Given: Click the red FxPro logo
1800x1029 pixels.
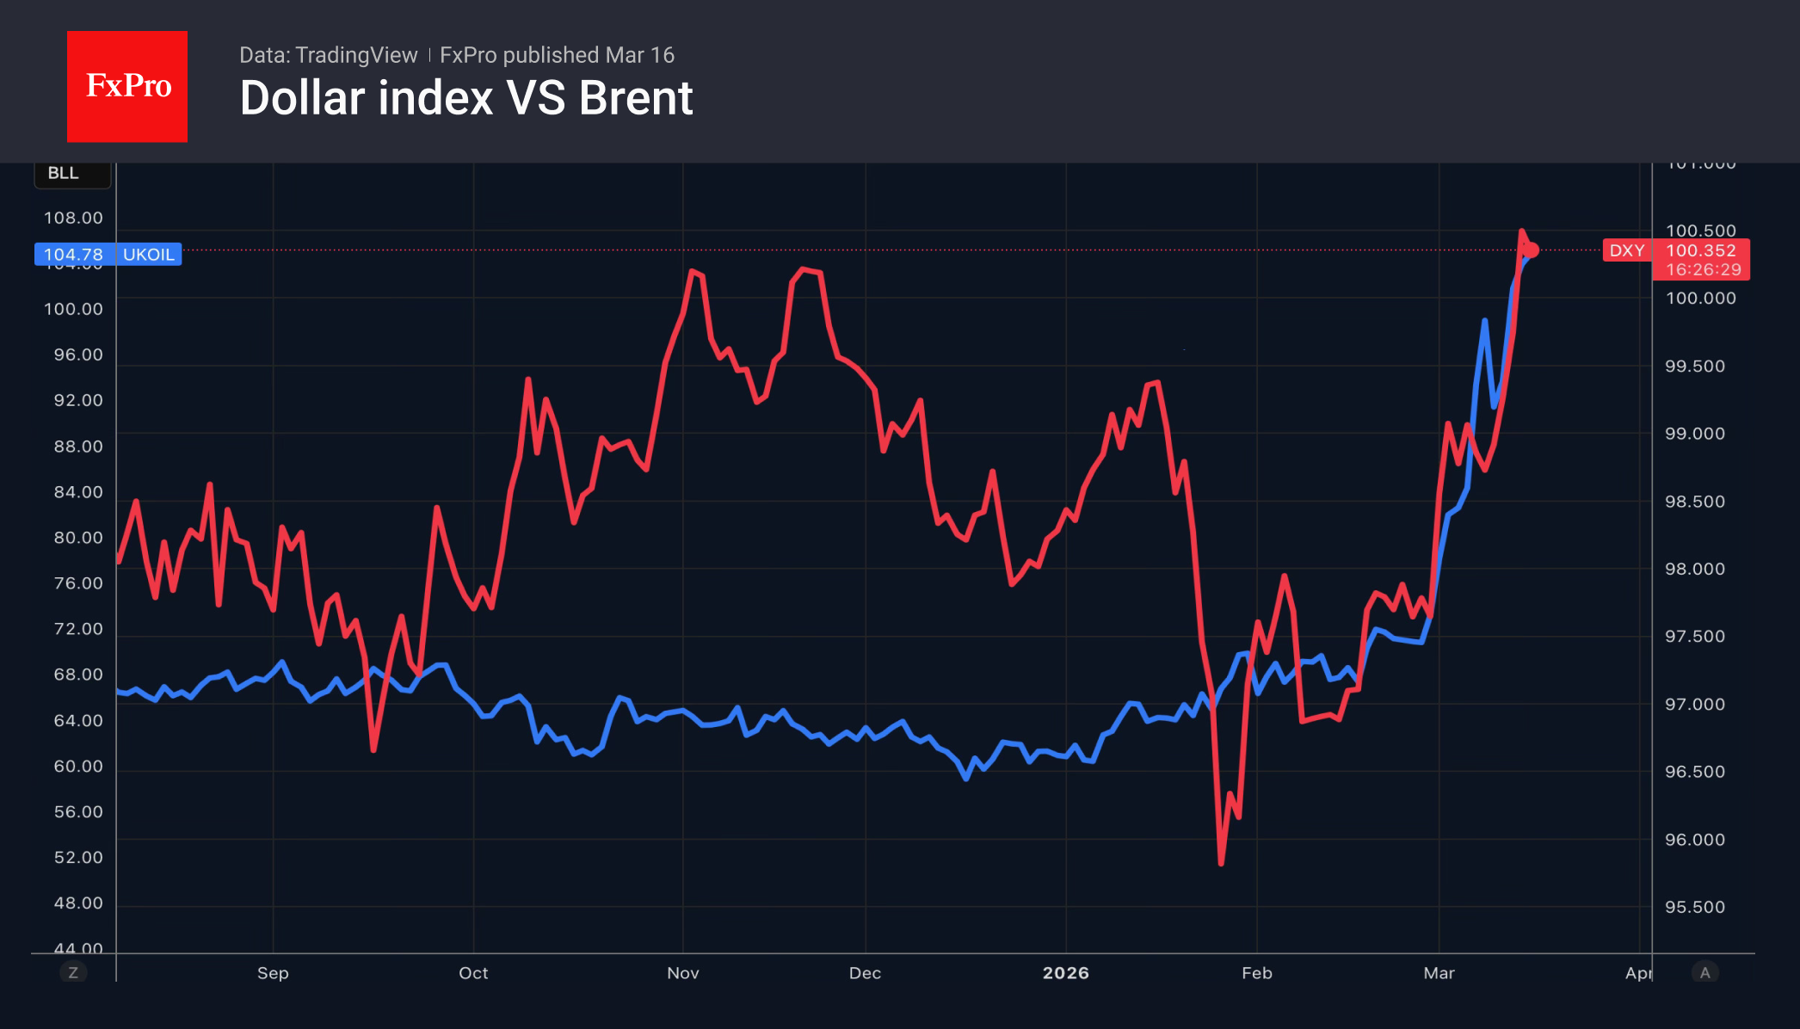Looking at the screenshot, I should [x=127, y=87].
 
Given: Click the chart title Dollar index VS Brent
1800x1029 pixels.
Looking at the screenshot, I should [x=465, y=98].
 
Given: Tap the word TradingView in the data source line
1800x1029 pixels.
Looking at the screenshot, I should [x=355, y=55].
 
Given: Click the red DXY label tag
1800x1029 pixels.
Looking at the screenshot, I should [x=1626, y=250].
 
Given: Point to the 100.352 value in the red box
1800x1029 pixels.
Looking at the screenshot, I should [x=1701, y=250].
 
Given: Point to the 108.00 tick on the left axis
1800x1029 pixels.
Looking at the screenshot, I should [x=73, y=218].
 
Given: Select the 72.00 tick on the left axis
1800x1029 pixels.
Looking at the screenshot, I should [x=77, y=629].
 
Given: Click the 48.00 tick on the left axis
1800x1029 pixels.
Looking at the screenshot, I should [x=77, y=903].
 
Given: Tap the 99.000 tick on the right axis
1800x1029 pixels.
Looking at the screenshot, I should [x=1694, y=434].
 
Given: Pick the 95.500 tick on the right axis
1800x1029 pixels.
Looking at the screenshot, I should [x=1694, y=907].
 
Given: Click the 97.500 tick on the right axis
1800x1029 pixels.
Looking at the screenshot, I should [x=1694, y=637].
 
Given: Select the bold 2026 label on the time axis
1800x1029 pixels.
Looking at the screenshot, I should [x=1065, y=973].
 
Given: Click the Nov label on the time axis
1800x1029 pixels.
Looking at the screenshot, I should [x=682, y=973].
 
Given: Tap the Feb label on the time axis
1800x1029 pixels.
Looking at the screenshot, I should [x=1256, y=973].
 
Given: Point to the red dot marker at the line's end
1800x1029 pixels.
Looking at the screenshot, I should [x=1531, y=250].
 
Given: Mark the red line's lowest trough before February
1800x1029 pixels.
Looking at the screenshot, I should [x=1221, y=862].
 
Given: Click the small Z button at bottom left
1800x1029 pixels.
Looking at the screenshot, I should [x=73, y=972].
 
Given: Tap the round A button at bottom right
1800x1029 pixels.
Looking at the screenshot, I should [x=1704, y=972].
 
